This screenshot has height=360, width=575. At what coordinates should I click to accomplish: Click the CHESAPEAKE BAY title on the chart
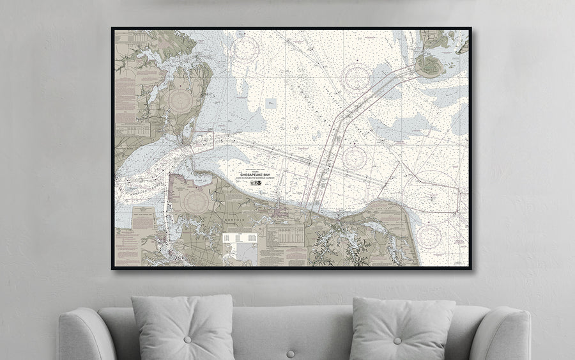(x=254, y=173)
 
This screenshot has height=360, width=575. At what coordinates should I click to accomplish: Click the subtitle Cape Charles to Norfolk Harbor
(x=254, y=178)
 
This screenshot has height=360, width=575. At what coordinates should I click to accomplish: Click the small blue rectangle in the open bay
(x=271, y=102)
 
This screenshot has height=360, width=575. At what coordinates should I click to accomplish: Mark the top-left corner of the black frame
(x=112, y=28)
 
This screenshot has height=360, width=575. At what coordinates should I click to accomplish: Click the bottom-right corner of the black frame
(x=470, y=268)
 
